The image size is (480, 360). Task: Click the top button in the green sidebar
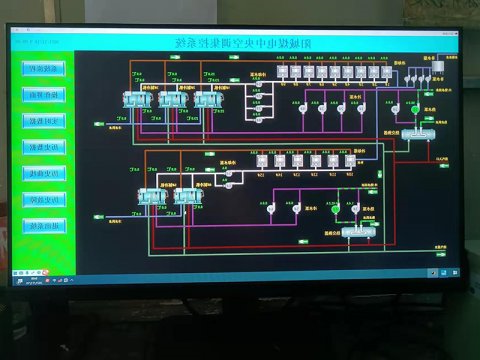tap(44, 69)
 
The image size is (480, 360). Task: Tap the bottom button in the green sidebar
tap(44, 225)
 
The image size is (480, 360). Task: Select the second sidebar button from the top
tap(44, 95)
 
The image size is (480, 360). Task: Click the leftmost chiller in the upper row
tap(135, 100)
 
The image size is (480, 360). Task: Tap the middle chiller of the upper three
tap(171, 100)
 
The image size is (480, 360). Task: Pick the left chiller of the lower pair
tap(151, 197)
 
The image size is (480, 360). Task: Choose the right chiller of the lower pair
tap(185, 197)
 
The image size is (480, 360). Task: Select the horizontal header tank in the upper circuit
tap(424, 131)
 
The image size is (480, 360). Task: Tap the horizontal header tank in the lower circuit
tap(357, 232)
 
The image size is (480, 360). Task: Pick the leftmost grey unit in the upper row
tap(283, 72)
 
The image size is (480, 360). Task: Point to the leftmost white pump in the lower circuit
tap(268, 208)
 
